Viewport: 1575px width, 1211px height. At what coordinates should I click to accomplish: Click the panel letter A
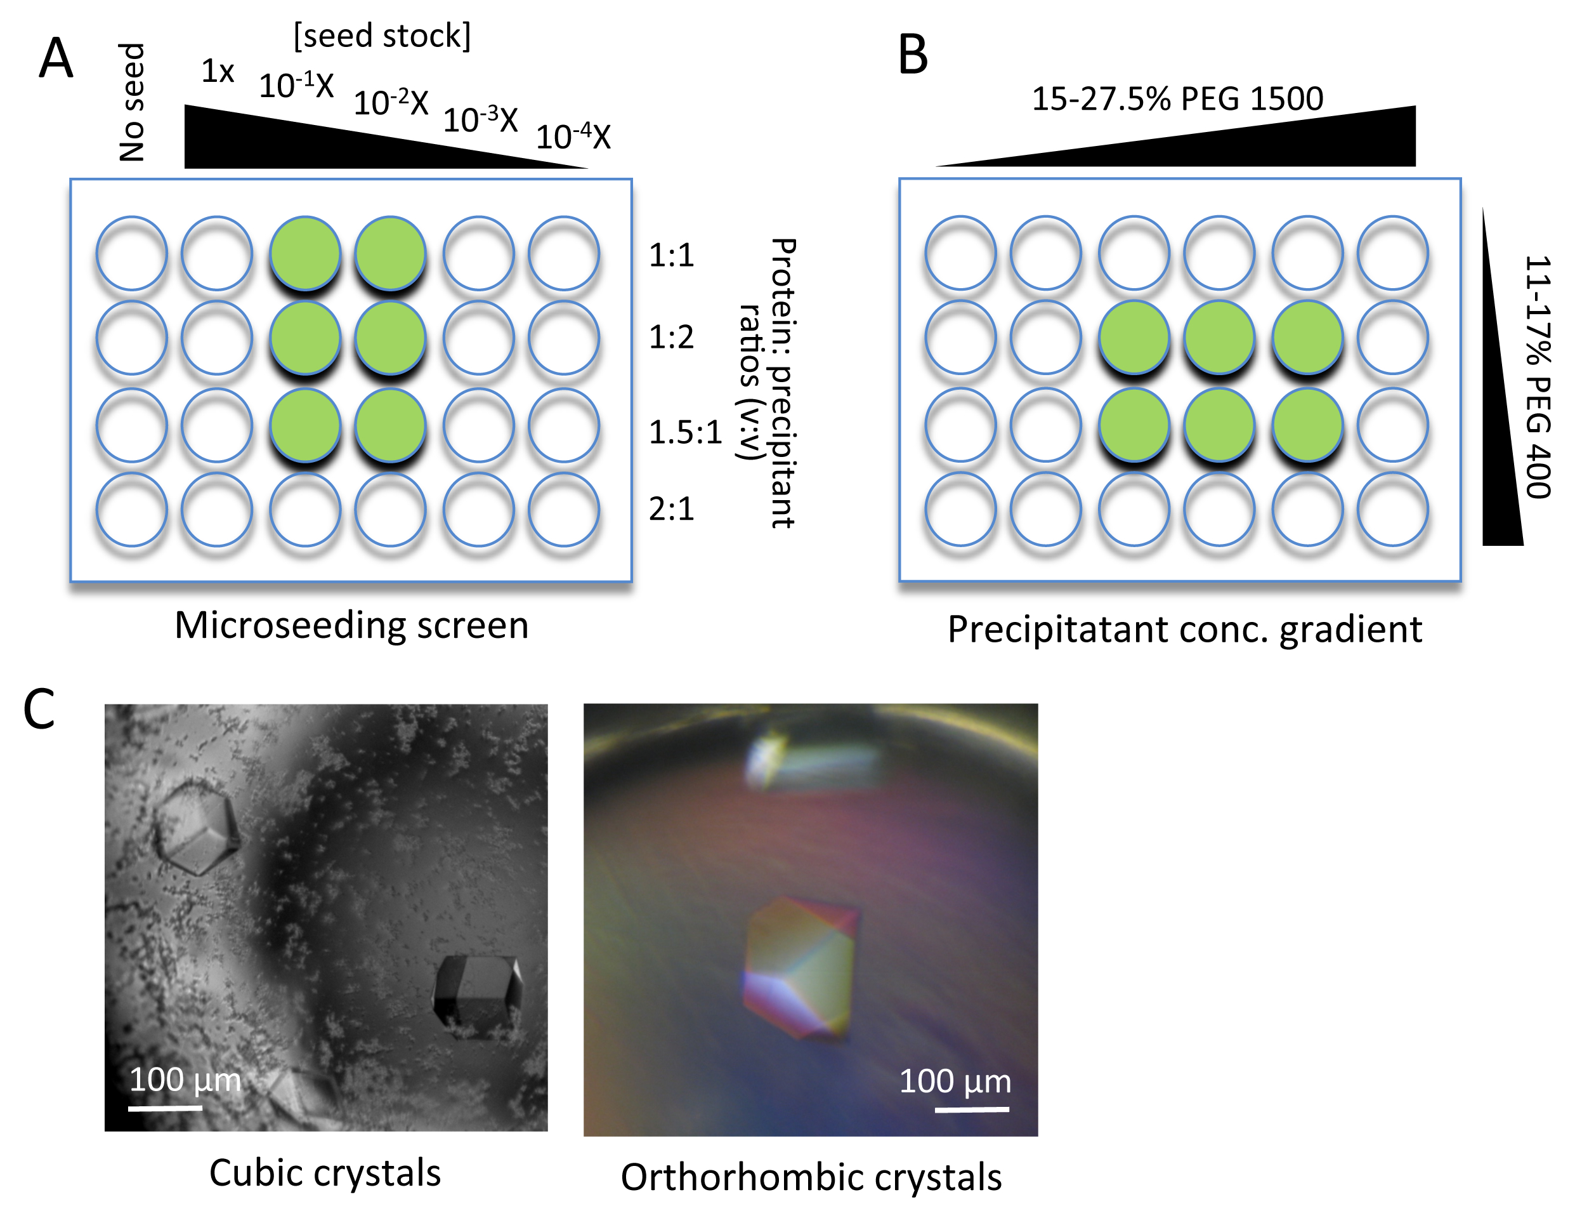click(56, 58)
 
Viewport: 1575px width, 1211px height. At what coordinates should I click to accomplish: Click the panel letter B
click(912, 55)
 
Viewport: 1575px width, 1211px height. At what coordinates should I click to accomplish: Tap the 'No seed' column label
click(133, 102)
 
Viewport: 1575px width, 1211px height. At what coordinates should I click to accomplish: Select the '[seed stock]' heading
click(382, 36)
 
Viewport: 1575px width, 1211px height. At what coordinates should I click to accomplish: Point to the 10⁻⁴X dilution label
click(573, 136)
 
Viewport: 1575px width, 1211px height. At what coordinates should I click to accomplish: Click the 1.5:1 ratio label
click(684, 432)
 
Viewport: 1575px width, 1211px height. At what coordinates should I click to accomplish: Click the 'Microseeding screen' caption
click(351, 625)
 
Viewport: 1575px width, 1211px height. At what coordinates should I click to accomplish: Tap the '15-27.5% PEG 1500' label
click(1177, 99)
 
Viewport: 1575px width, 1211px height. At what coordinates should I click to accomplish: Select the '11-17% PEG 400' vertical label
click(1538, 376)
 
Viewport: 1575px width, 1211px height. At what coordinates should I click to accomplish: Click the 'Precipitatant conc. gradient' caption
click(1184, 629)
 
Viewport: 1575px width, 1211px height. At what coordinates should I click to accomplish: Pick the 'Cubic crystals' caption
click(325, 1173)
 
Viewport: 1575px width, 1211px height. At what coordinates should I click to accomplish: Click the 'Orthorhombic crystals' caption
click(811, 1177)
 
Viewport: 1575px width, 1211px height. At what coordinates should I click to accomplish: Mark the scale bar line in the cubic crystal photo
click(165, 1108)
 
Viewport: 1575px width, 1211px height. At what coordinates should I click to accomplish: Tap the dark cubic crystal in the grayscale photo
click(478, 996)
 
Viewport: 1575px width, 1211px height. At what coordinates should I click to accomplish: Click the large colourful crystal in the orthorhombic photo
click(800, 966)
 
